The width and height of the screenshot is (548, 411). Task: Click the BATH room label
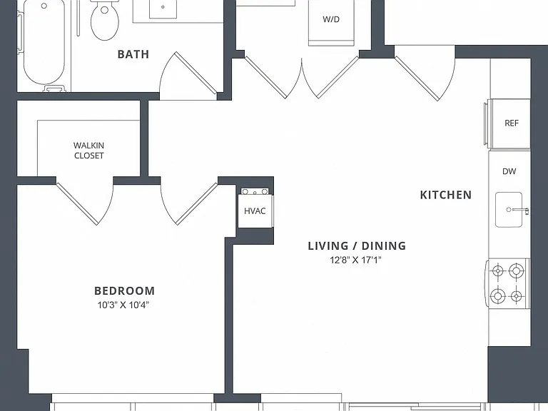point(133,54)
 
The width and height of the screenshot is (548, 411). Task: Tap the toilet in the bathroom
point(104,20)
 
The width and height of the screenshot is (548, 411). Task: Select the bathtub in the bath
point(44,43)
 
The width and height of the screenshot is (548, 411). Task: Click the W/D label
point(331,19)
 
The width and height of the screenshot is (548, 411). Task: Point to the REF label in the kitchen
point(512,123)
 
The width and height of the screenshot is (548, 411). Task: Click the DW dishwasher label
point(509,171)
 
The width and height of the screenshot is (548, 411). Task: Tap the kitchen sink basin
point(509,209)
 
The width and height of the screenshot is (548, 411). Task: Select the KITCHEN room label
point(446,195)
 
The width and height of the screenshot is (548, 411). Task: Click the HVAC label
point(255,211)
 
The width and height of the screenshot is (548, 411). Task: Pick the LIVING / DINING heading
point(357,246)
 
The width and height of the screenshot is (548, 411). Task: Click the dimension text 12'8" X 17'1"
point(355,260)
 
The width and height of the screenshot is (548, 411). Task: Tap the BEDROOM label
point(124,291)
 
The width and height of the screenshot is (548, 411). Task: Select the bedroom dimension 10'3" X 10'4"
point(123,305)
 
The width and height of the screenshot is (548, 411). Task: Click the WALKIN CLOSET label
point(88,151)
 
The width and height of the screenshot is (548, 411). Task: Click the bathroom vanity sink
point(163,8)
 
